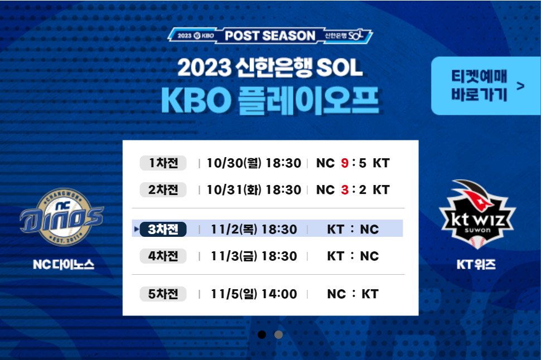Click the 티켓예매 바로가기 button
point(486,85)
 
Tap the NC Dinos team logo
point(62,217)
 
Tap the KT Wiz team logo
point(477,214)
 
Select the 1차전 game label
point(163,163)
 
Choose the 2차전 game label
point(163,189)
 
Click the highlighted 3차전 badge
point(163,229)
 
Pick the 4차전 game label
point(163,256)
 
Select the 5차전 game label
point(163,294)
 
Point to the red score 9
point(345,163)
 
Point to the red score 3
point(345,189)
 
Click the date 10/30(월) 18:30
point(254,163)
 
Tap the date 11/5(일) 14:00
point(254,294)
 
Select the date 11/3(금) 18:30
point(254,256)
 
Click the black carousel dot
point(262,334)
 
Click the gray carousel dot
point(278,334)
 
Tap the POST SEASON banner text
point(270,36)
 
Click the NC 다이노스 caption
point(64,265)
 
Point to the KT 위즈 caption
point(476,265)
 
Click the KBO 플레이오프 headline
point(270,100)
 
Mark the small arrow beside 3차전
point(136,229)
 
